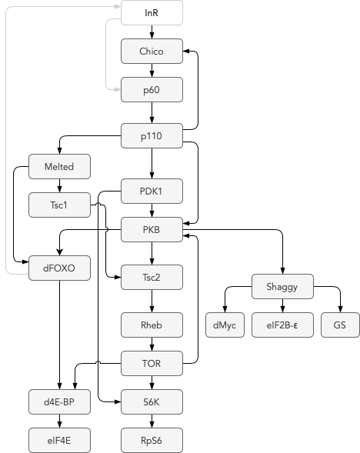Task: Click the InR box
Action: pos(152,13)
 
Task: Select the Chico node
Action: pos(152,51)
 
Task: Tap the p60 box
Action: pos(152,89)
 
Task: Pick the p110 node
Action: pos(152,136)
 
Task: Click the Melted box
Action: pos(59,166)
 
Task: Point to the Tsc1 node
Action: pos(59,205)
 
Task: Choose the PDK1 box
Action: pos(152,191)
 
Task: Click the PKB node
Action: pos(152,229)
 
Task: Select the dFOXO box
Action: pos(59,268)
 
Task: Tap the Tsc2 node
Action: pos(152,277)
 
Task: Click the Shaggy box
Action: pos(282,286)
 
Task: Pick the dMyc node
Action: pos(225,325)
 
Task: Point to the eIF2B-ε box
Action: pos(282,325)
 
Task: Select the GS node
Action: pos(340,325)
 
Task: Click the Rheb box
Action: pos(152,325)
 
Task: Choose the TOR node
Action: pos(152,363)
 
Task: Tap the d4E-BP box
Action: pos(59,401)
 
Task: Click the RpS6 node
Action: pos(152,440)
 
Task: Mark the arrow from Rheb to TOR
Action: pos(152,344)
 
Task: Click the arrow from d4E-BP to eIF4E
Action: pos(59,421)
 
